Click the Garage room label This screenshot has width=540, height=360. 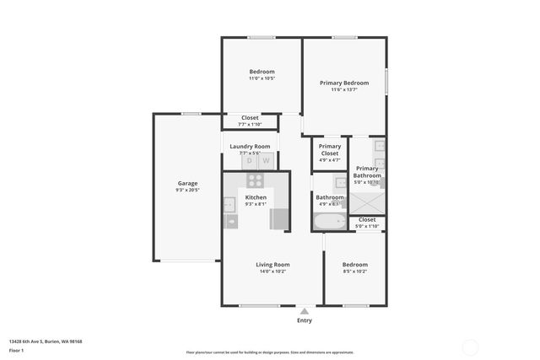187,183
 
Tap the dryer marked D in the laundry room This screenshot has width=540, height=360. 250,160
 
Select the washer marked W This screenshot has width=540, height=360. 266,160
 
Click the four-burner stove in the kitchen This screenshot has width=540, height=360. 256,180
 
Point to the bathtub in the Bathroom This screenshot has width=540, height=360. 329,223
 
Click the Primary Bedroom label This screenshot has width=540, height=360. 344,83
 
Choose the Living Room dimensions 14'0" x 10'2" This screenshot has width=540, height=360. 273,271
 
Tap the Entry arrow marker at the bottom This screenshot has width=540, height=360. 304,311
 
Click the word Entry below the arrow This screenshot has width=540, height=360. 304,320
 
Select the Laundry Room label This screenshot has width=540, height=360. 250,146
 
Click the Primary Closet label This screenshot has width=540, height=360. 329,149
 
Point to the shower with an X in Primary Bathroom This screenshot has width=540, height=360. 367,203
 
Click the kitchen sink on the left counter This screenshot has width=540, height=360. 229,203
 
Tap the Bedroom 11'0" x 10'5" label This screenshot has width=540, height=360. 262,75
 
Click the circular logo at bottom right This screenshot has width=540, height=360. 470,346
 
